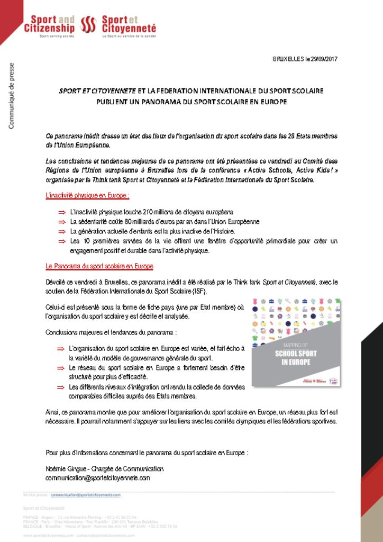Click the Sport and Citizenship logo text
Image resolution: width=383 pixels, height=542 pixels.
(x=49, y=24)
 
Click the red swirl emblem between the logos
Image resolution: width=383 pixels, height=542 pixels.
(x=88, y=24)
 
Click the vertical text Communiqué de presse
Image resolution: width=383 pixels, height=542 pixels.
(x=11, y=95)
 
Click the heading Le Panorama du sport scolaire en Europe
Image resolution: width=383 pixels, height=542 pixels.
(x=99, y=266)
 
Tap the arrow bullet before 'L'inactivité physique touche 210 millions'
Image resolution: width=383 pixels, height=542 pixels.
(x=61, y=212)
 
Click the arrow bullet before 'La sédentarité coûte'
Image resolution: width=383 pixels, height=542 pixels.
(x=61, y=222)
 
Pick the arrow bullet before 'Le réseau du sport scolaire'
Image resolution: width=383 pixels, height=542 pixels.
(x=61, y=368)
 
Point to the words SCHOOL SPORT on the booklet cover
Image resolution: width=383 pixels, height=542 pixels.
(x=289, y=354)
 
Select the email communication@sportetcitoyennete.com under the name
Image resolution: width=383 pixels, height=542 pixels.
(x=98, y=477)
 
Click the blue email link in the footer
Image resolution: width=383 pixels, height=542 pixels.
(x=85, y=495)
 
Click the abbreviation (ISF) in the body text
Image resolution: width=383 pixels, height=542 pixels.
(x=199, y=292)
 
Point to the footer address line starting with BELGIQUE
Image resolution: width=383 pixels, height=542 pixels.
(x=101, y=526)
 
